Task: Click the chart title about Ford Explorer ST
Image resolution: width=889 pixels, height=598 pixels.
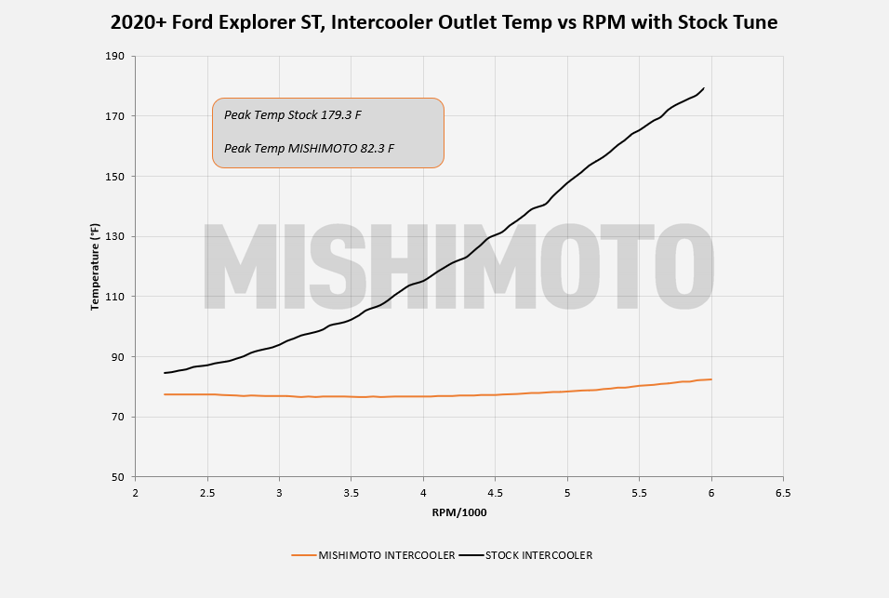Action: (x=444, y=22)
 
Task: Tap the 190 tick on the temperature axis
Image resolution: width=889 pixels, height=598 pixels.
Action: (x=114, y=56)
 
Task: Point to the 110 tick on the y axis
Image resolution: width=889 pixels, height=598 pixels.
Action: (x=114, y=297)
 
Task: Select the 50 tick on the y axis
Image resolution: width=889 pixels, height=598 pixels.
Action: (x=117, y=477)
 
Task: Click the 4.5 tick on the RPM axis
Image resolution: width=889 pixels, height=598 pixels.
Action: (x=495, y=493)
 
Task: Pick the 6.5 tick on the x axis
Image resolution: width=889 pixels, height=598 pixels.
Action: (x=783, y=493)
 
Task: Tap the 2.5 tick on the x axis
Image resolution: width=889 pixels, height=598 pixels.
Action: (x=207, y=493)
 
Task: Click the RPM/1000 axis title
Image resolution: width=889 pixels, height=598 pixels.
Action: (x=459, y=513)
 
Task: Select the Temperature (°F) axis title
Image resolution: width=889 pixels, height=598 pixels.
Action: (x=95, y=266)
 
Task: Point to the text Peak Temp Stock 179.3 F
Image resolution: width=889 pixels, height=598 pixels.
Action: (x=293, y=115)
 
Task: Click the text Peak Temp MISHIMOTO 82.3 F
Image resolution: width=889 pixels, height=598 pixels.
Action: (x=309, y=149)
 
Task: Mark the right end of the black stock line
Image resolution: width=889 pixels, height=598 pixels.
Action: (x=704, y=87)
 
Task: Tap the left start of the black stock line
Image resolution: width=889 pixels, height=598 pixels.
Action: (x=165, y=373)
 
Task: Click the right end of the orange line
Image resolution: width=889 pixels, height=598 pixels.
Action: (x=711, y=379)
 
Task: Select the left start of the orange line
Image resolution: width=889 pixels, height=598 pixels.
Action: (x=165, y=394)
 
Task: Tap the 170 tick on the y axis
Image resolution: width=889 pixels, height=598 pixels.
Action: (x=114, y=116)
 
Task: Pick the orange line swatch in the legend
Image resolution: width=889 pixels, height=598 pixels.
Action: (x=303, y=555)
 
